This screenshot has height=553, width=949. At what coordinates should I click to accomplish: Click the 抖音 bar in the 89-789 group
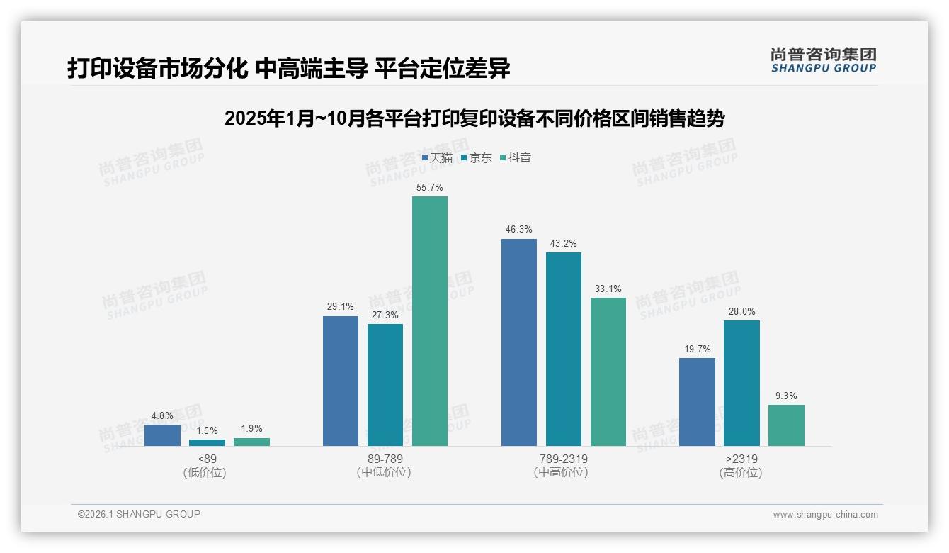(430, 321)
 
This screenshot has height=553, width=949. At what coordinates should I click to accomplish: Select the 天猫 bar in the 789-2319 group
(519, 342)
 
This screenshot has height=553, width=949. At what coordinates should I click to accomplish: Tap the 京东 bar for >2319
(741, 383)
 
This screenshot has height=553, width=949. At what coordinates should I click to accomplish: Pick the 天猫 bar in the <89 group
(162, 435)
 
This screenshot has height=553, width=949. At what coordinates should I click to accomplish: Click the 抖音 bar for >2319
(786, 425)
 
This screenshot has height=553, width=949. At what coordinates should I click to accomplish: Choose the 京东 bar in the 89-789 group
(385, 385)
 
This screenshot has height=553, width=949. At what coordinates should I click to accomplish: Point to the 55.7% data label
(430, 188)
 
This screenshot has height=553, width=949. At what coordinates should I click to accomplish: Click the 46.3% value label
(519, 230)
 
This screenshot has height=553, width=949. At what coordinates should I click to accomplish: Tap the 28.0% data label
(741, 311)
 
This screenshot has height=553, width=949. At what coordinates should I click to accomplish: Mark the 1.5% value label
(207, 430)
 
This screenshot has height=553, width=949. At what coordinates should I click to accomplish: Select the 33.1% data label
(608, 289)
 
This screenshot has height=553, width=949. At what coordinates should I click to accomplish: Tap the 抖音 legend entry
(516, 158)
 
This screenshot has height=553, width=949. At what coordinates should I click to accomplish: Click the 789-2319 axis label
(563, 459)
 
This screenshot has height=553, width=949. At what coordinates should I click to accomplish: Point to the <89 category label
(207, 459)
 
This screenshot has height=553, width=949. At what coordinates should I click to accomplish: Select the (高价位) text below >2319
(741, 473)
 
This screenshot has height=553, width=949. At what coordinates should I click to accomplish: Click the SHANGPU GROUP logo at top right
(824, 60)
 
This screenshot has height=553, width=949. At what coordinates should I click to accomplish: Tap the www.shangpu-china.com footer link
(825, 515)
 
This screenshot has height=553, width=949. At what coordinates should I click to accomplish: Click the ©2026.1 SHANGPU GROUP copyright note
(139, 514)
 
